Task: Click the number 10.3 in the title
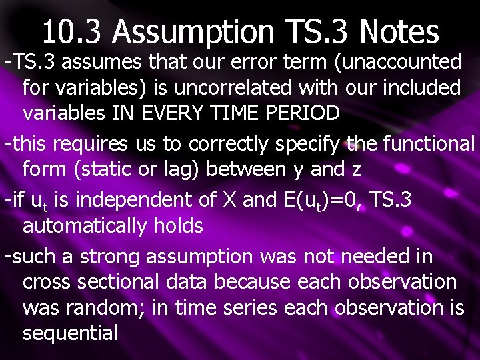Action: [73, 31]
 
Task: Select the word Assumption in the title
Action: [193, 31]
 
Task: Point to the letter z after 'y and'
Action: [355, 169]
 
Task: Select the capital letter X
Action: [230, 200]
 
